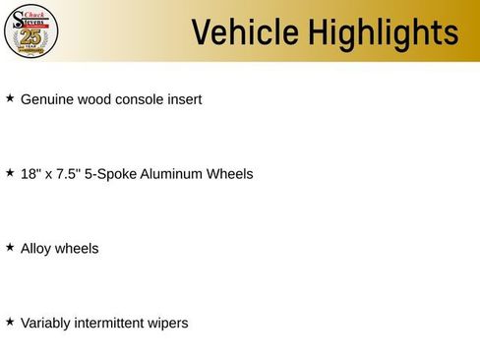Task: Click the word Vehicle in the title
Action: click(x=245, y=32)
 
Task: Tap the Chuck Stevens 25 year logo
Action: click(x=31, y=31)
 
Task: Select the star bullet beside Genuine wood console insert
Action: click(x=10, y=97)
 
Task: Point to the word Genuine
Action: click(x=47, y=99)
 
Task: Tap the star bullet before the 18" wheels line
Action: click(x=10, y=172)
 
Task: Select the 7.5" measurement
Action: click(x=68, y=174)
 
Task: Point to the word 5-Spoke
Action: click(x=110, y=174)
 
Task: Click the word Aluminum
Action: click(x=171, y=174)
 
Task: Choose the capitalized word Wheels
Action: click(x=229, y=174)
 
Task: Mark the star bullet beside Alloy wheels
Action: click(x=10, y=247)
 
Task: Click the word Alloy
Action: click(x=36, y=249)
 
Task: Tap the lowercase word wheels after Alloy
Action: click(x=77, y=249)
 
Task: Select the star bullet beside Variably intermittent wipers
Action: click(x=10, y=322)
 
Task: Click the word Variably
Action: click(x=45, y=324)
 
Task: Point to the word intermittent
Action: click(x=109, y=323)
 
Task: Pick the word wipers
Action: click(x=168, y=324)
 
